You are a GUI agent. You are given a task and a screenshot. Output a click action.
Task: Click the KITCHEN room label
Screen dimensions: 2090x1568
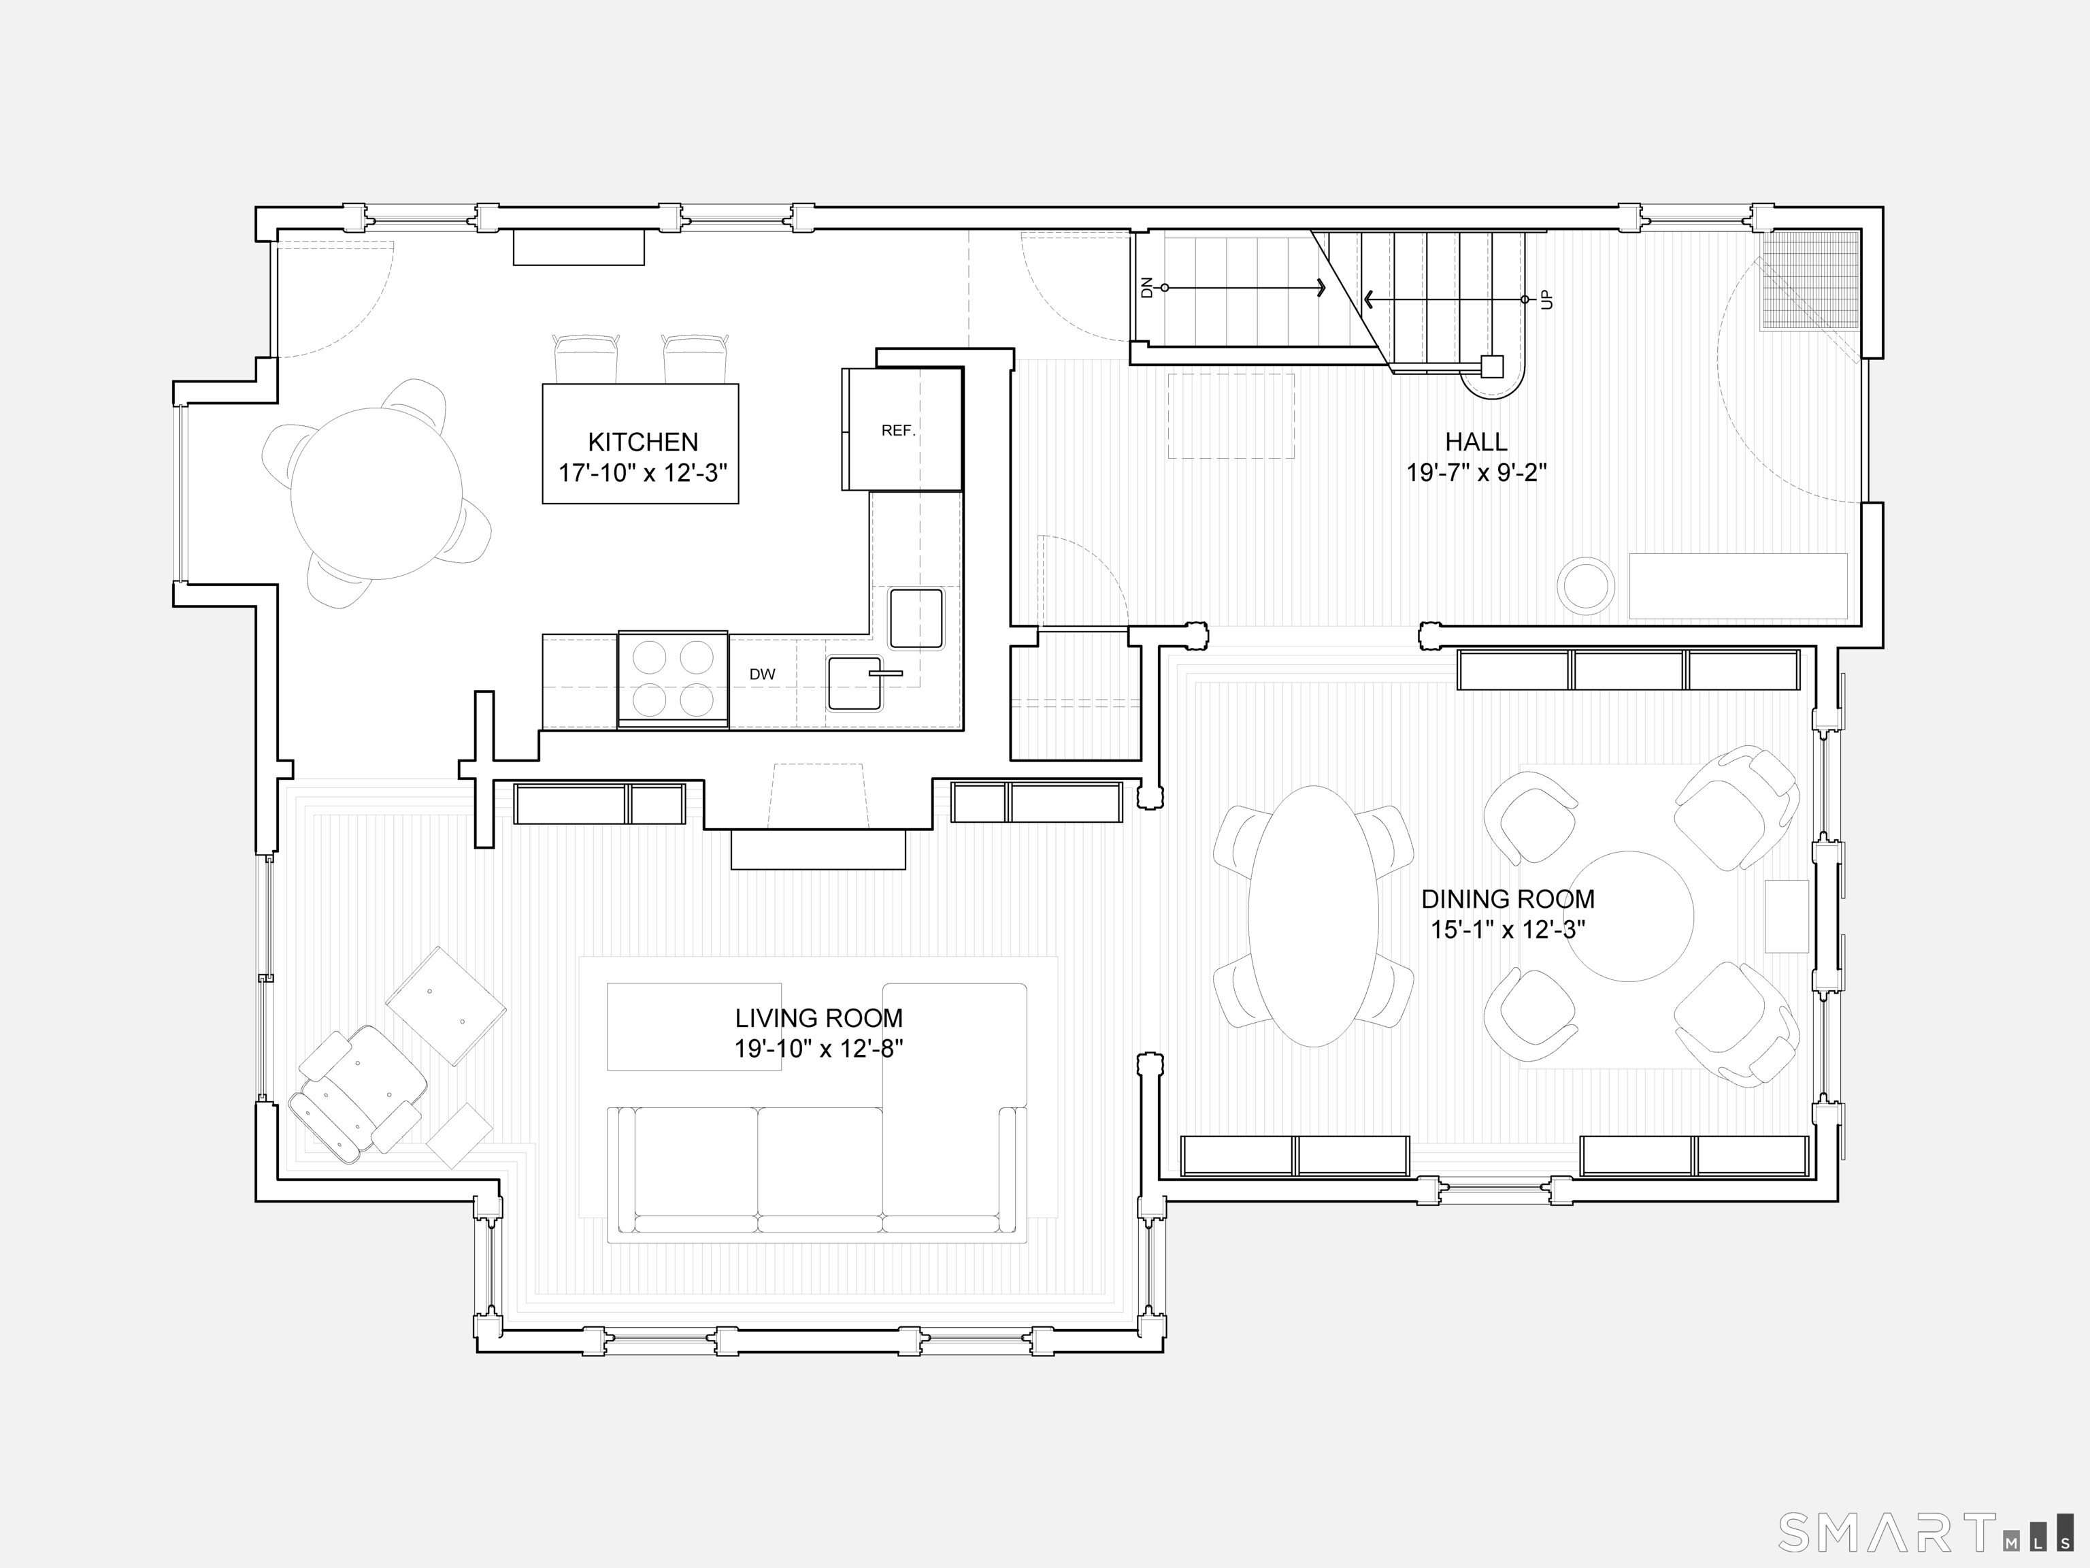click(x=642, y=442)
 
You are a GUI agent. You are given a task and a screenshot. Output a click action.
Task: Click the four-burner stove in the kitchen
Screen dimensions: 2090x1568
click(x=673, y=678)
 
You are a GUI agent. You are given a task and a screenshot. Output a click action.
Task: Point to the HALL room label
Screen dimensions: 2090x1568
click(x=1476, y=442)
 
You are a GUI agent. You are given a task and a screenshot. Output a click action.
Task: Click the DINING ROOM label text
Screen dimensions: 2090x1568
click(x=1508, y=899)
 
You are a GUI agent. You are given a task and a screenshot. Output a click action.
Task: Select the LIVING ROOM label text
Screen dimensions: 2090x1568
click(x=819, y=1018)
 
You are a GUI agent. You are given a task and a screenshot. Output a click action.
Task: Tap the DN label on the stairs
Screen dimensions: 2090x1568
click(x=1147, y=287)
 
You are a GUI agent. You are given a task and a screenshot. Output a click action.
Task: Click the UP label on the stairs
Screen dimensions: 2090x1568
click(x=1546, y=299)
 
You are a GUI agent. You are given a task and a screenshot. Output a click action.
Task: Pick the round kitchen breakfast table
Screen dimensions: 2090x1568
click(x=376, y=493)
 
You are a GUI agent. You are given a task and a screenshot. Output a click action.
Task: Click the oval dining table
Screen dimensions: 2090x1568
click(x=1313, y=916)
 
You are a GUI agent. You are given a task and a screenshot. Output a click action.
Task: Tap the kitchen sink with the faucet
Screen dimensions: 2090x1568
click(x=856, y=683)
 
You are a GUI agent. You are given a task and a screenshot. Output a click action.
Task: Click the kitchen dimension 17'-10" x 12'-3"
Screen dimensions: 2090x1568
click(x=642, y=472)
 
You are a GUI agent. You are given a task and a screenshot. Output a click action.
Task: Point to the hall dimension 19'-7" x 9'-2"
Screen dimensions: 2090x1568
click(x=1476, y=472)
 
